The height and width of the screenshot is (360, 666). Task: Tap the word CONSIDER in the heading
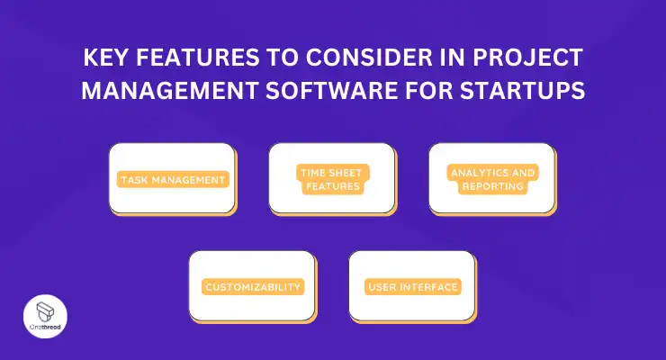[x=369, y=58]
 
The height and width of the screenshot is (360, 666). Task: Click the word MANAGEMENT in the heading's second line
[x=170, y=90]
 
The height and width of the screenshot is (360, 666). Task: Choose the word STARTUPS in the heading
[x=523, y=90]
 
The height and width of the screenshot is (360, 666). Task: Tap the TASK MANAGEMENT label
[x=173, y=180]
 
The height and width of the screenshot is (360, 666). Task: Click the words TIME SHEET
[x=331, y=173]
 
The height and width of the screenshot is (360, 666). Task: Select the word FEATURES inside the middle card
[x=333, y=186]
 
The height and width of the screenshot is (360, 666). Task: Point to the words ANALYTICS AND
[x=492, y=173]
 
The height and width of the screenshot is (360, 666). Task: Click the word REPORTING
[x=492, y=186]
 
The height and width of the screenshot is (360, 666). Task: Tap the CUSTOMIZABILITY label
[x=253, y=287]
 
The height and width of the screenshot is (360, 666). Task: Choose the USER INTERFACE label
[x=413, y=287]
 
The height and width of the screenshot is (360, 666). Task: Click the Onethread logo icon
[x=45, y=312]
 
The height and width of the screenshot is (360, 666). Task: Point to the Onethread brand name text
[x=45, y=328]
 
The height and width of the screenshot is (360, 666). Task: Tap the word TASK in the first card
[x=134, y=180]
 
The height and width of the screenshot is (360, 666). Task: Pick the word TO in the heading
[x=283, y=58]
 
